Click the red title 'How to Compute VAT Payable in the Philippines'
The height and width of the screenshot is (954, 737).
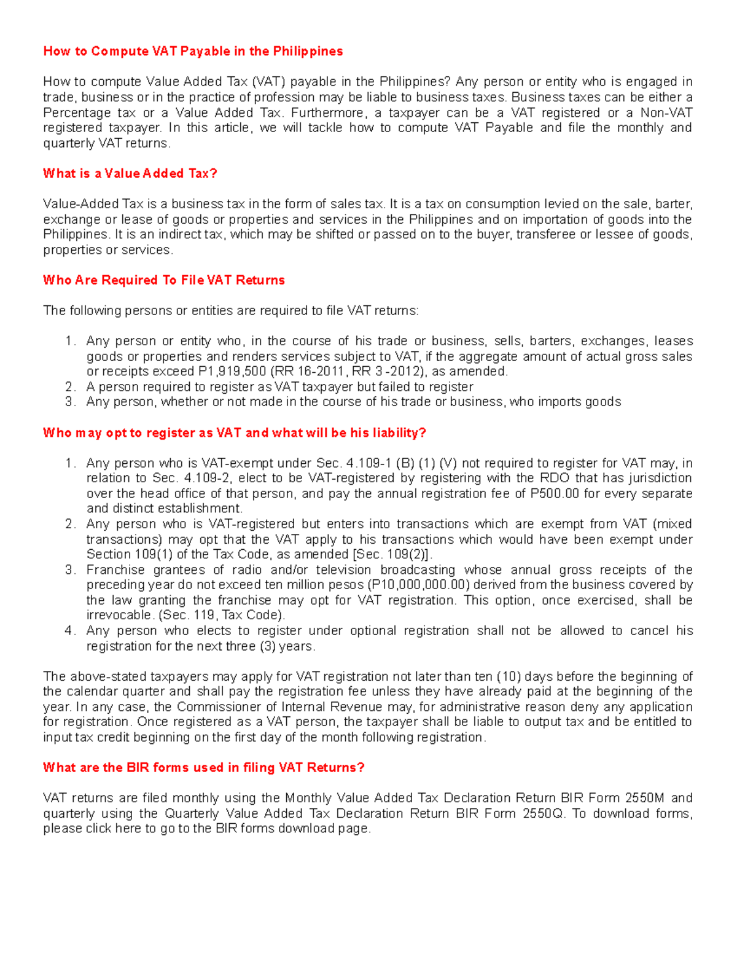(x=193, y=52)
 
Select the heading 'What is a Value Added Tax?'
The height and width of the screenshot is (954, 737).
(x=130, y=174)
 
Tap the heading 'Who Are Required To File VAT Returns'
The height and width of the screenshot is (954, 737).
(x=164, y=281)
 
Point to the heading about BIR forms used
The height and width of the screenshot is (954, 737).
(x=204, y=768)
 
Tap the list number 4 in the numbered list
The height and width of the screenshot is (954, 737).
(x=70, y=631)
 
